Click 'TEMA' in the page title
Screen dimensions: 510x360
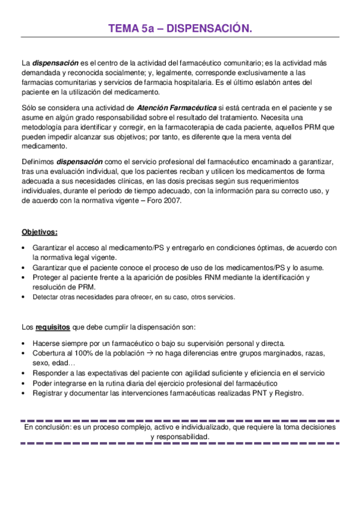123,28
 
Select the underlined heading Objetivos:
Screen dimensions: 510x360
40,232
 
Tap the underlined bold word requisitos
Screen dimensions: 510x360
52,327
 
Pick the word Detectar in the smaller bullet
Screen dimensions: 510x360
46,296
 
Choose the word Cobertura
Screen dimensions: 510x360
50,353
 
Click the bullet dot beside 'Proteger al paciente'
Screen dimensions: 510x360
23,277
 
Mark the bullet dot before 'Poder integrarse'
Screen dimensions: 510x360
23,383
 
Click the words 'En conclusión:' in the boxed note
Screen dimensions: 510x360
46,426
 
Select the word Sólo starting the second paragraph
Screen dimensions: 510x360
29,107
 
